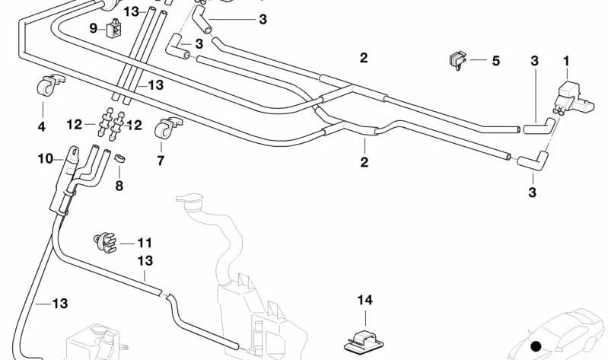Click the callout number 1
[565, 60]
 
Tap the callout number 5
[495, 60]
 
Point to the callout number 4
[41, 126]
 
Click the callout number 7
[160, 161]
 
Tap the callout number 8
[119, 184]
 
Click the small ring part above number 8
[119, 159]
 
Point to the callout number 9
[93, 29]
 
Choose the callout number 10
[45, 158]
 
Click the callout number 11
[145, 243]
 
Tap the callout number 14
[365, 300]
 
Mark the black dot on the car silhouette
[536, 347]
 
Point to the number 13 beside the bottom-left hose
[60, 303]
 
